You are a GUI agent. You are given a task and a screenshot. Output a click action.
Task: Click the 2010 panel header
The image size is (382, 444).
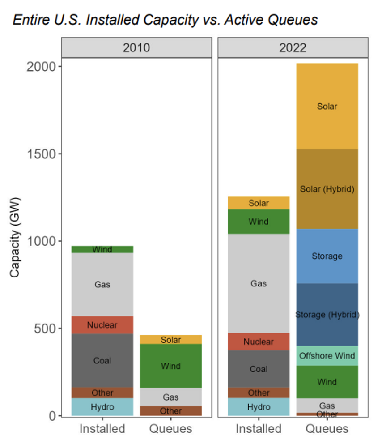coord(136,47)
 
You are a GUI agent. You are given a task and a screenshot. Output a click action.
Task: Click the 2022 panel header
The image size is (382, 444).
coord(293,47)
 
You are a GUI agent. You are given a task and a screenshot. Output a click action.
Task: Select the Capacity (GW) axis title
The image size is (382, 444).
coord(15,237)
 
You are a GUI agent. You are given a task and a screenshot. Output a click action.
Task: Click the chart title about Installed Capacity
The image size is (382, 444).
coord(165,20)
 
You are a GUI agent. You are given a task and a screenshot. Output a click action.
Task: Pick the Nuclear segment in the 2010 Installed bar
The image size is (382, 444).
coord(102,325)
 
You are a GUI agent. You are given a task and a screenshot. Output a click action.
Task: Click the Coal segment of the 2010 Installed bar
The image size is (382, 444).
coord(102,360)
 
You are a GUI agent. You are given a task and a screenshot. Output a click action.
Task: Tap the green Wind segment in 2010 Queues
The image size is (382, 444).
coord(170,366)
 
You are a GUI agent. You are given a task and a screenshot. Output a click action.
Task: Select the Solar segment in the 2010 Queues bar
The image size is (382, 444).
coord(170,340)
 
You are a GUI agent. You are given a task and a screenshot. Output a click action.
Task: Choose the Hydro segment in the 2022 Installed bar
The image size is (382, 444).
coord(259,407)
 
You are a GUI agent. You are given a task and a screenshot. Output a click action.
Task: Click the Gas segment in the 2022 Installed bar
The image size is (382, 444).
coord(259,283)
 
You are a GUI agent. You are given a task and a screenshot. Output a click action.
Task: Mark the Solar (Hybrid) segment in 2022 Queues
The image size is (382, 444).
coord(327,189)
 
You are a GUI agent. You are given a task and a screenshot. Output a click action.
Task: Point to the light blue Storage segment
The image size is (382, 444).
coord(327,256)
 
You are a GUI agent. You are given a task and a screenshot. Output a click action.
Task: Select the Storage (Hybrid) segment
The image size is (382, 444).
coord(327,315)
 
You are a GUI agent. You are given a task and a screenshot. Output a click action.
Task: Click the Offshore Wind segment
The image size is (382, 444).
coord(327,356)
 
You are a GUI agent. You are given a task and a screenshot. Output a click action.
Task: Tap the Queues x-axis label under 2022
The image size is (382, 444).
coord(327,429)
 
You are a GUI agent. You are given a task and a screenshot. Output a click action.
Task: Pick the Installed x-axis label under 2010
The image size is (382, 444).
coord(102,429)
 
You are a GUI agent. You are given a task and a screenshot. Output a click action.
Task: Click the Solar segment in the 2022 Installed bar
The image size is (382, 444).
coord(259,203)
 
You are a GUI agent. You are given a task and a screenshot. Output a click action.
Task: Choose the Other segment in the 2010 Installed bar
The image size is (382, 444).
coord(102,393)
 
